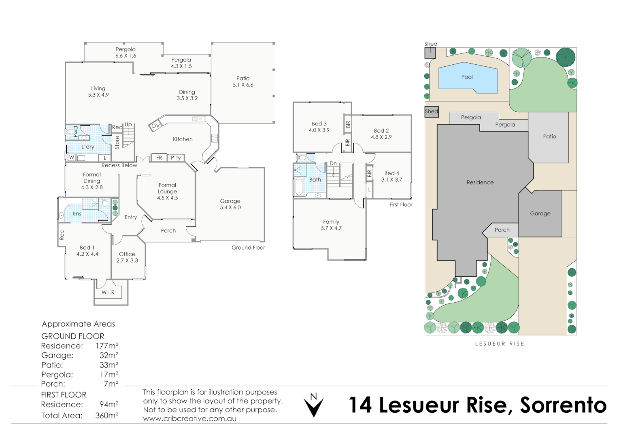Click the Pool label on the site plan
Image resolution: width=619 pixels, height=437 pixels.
pos(467,77)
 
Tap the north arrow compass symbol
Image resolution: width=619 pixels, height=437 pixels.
pos(313,405)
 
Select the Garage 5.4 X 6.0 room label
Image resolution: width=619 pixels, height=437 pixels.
pos(230,204)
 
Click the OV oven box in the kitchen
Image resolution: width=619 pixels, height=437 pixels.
pos(155,126)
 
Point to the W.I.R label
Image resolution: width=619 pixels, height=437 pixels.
pos(108,292)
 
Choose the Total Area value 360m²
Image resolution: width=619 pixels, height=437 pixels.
pos(106,416)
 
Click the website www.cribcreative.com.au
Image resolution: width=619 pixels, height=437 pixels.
pos(189,419)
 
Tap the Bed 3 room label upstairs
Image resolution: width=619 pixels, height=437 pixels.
pos(319,127)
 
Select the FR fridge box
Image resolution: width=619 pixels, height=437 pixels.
pos(159,158)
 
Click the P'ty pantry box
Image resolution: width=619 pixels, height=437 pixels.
pos(176,158)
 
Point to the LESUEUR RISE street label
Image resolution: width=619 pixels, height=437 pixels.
pos(499,344)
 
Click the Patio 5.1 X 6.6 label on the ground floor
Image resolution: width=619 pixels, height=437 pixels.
pos(243,81)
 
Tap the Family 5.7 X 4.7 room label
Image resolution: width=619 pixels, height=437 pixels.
pos(331,225)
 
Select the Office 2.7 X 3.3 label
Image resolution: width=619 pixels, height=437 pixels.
pos(127,257)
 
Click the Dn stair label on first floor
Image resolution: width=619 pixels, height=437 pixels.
pos(333,163)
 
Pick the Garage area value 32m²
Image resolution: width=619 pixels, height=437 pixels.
pos(108,355)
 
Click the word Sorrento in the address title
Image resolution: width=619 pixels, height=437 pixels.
pos(563,405)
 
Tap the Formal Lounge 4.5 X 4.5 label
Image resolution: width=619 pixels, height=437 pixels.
pos(167,191)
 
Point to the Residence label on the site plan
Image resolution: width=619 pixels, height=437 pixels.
pos(480,182)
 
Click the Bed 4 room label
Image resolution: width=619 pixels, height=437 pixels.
pos(391,176)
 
